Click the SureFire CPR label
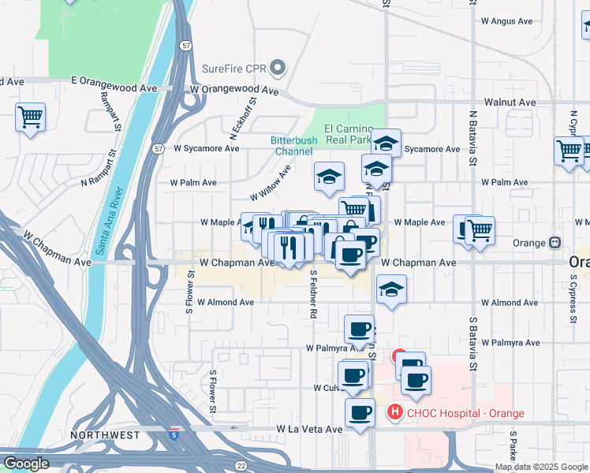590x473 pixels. click(x=234, y=68)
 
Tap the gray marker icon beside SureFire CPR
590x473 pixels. click(x=277, y=68)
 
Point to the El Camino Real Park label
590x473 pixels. click(x=347, y=134)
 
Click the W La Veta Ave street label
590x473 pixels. click(x=308, y=429)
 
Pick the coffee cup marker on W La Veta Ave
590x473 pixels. click(x=360, y=412)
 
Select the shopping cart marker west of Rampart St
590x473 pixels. click(x=30, y=117)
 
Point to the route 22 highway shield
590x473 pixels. click(x=241, y=465)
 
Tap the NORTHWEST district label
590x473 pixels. click(x=105, y=434)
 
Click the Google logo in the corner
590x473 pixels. click(x=26, y=464)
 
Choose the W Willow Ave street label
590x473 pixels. click(x=270, y=183)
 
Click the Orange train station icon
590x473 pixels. click(x=555, y=242)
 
